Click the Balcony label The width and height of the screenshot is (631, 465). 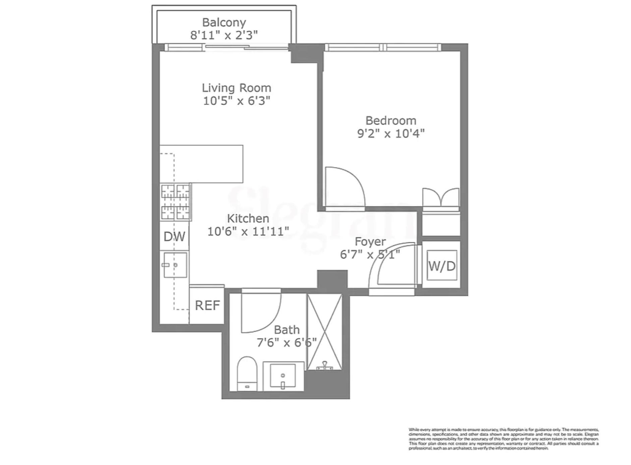pos(224,22)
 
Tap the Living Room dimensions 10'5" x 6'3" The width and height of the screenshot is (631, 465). pos(236,101)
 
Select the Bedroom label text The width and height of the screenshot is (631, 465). pos(391,121)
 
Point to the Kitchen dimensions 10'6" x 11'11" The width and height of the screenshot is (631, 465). pos(248,231)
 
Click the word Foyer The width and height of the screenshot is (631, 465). pos(370,242)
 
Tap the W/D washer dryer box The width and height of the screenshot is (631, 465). pos(442,266)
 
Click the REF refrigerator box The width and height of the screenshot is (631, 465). pos(207,305)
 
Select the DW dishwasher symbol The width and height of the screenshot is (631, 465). pos(174,237)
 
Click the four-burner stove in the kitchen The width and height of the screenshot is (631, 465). pos(175,202)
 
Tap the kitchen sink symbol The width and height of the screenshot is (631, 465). pos(175,265)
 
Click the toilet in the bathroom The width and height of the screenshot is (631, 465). pos(247,374)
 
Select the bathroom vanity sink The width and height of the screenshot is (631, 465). pos(283,376)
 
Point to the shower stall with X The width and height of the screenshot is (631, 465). pos(325,332)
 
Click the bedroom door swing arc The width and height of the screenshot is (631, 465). pos(345,186)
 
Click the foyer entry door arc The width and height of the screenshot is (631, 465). pos(391,265)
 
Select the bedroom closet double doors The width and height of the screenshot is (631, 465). pos(441,198)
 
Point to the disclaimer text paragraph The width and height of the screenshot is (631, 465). pos(503,439)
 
